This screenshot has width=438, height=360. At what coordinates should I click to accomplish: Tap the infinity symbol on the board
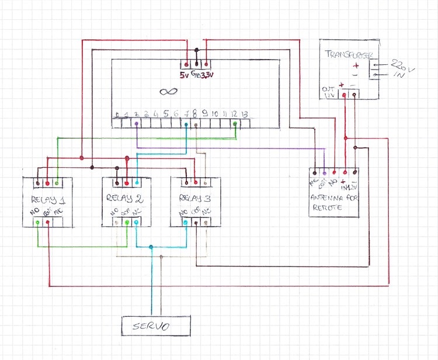point(168,91)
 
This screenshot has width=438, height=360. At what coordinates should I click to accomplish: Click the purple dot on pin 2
point(136,123)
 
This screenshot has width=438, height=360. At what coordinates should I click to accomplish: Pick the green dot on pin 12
point(235,123)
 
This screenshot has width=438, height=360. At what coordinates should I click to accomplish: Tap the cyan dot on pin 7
point(186,123)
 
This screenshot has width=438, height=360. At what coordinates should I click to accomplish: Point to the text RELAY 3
point(195,197)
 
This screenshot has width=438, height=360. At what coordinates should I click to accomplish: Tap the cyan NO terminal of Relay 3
point(185,223)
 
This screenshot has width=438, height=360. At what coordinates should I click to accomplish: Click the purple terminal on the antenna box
point(324,172)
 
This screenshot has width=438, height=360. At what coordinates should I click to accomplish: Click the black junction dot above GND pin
point(197,50)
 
